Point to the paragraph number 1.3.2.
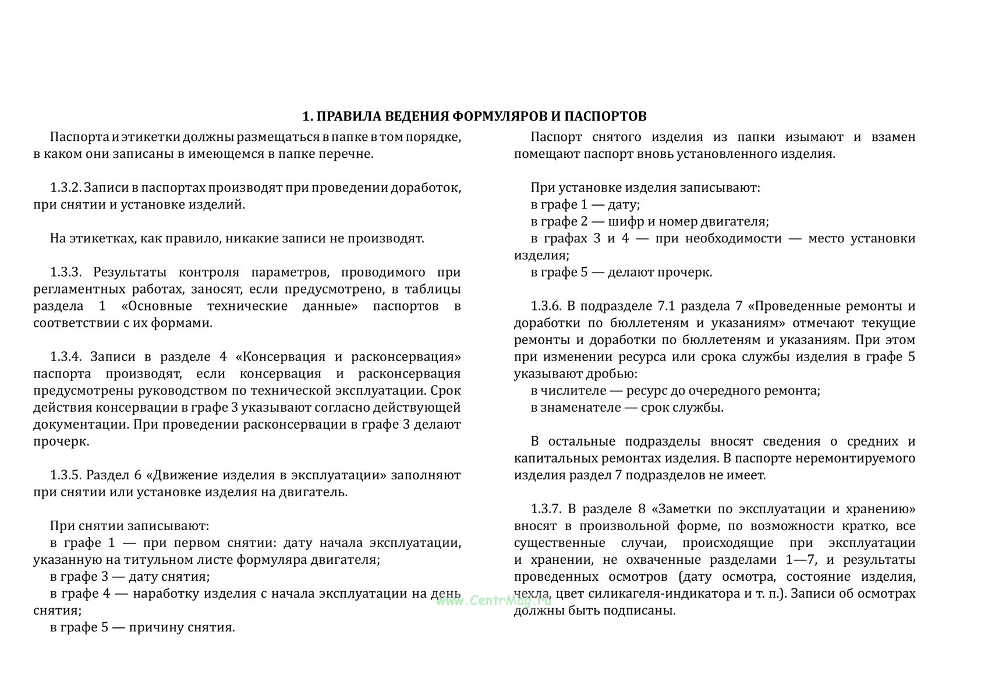(66, 188)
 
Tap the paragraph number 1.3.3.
(68, 273)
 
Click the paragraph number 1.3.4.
(68, 357)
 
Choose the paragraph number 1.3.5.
(68, 475)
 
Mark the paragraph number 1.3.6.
(546, 306)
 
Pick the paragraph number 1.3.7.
(546, 509)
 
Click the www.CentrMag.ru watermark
(494, 601)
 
